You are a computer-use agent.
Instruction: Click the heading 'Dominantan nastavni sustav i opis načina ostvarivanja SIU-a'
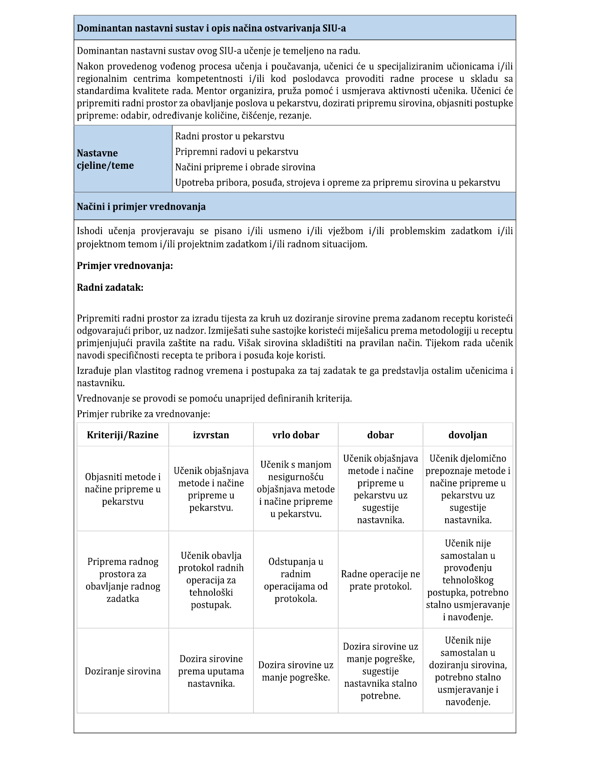(211, 29)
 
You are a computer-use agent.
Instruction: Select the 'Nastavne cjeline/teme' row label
(105, 159)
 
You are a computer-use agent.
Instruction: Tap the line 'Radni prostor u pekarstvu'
(229, 136)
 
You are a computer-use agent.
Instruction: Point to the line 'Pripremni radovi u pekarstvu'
(237, 152)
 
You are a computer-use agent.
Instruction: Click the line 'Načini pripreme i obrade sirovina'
(245, 167)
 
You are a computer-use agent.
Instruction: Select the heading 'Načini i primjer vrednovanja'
(141, 207)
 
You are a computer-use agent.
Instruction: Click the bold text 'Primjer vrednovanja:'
(125, 266)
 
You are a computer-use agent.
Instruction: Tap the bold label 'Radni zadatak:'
(110, 287)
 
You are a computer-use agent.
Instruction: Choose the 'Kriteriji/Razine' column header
(123, 435)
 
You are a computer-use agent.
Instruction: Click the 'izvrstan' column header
(211, 435)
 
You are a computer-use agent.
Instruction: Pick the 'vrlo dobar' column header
(295, 435)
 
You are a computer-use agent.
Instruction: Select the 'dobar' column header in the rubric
(380, 435)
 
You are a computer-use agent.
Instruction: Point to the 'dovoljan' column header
(468, 435)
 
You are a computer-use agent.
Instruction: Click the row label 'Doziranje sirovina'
(123, 671)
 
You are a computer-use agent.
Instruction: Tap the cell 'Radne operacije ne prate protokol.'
(380, 580)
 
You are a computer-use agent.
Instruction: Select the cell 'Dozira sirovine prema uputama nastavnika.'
(211, 671)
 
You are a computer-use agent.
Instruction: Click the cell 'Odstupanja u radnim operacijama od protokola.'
(295, 580)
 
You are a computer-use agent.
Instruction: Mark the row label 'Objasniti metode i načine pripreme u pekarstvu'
(123, 489)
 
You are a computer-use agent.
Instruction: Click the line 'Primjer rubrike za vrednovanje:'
(143, 414)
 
